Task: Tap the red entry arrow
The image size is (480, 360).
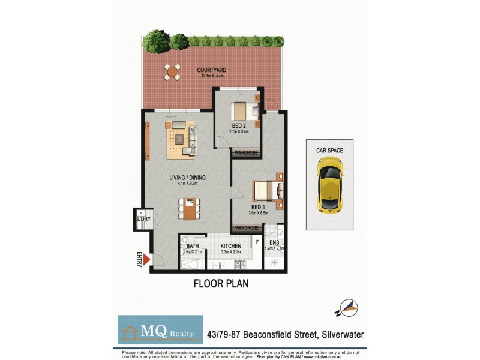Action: [146, 260]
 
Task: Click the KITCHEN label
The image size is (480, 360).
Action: [231, 246]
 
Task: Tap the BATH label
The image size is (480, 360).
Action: [192, 246]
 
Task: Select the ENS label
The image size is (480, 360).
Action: [274, 243]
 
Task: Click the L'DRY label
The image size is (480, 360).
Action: [143, 219]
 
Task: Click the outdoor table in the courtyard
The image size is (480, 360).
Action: [173, 73]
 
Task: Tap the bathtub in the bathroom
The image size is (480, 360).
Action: [193, 265]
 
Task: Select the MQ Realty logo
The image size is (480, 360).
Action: [160, 329]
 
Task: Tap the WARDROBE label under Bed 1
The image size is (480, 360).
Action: [247, 229]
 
